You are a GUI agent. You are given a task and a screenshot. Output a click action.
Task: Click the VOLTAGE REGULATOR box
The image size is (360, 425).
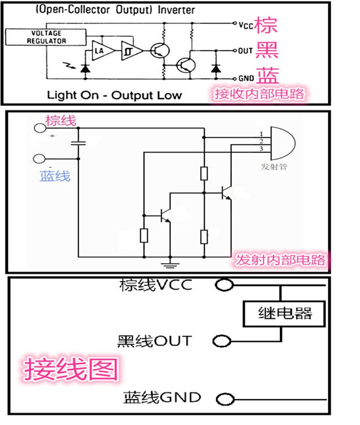(x=46, y=37)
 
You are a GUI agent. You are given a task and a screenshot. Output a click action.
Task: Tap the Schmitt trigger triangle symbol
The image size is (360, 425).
(x=131, y=50)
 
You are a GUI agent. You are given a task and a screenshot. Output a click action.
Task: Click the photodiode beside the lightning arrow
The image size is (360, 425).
(x=85, y=68)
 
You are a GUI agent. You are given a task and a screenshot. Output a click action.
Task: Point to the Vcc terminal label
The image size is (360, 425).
(x=246, y=25)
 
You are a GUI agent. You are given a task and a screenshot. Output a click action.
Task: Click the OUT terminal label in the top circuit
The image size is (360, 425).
(x=245, y=50)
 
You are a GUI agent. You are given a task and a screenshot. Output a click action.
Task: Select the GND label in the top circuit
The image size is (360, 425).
(x=246, y=78)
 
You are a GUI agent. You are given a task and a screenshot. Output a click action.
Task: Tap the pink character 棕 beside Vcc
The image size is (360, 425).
(x=266, y=25)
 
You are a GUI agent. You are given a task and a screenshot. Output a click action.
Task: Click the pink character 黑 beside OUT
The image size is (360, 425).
(x=267, y=50)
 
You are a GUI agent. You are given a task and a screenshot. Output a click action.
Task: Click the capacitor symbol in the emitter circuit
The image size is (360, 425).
(x=78, y=143)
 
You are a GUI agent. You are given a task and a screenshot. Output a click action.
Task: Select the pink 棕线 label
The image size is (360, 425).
(x=60, y=120)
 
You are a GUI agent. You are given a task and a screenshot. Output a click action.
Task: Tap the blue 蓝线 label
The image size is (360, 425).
(x=55, y=176)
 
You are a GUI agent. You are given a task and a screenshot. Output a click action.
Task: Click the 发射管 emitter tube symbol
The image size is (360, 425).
(x=283, y=143)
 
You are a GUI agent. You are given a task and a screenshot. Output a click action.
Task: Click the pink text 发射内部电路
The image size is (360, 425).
(x=280, y=260)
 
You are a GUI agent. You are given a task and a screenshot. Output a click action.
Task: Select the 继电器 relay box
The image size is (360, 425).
(x=284, y=313)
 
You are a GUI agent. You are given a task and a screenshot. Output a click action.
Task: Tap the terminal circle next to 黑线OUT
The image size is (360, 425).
(x=221, y=341)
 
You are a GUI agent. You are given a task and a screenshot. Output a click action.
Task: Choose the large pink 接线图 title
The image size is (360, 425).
(x=71, y=369)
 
